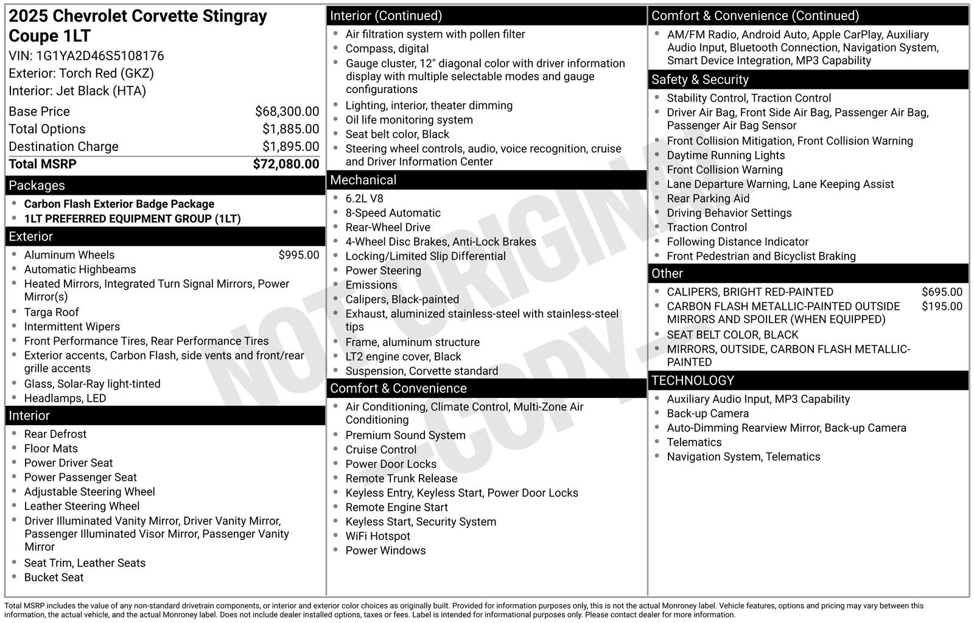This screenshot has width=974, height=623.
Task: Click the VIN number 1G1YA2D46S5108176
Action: (100, 56)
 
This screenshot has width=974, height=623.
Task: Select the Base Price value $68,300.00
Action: (287, 111)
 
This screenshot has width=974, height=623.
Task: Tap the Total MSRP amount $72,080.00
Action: (286, 164)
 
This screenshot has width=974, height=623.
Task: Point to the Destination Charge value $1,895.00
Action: (290, 147)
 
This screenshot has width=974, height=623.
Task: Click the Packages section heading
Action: (37, 186)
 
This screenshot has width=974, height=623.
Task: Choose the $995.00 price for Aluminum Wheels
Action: (298, 255)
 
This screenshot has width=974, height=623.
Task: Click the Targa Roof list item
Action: (51, 312)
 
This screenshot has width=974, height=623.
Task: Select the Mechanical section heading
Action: (363, 180)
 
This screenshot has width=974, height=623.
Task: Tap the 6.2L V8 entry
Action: (364, 198)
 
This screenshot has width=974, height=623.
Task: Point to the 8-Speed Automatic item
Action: (393, 213)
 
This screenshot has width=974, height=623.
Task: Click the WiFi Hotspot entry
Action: (377, 536)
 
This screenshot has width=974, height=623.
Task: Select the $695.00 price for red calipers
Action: (942, 292)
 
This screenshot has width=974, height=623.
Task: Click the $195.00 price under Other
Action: (942, 307)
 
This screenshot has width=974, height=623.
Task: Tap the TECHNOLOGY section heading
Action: (692, 381)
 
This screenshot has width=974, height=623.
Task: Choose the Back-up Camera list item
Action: (707, 414)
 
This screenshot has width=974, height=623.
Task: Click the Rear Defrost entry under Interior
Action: (55, 434)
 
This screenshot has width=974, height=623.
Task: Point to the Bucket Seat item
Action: (54, 577)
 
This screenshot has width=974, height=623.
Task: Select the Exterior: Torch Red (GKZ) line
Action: (81, 74)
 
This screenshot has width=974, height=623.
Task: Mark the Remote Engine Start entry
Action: (396, 507)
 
